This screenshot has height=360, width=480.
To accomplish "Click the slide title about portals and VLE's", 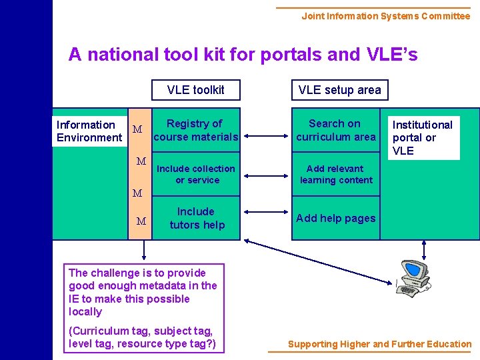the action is point(243,55).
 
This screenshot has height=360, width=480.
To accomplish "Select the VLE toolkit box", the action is point(195,90).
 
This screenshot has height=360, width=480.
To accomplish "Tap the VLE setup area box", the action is point(339,90).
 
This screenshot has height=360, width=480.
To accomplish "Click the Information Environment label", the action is point(89,131).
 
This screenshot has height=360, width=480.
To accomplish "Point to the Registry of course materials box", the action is point(195,130).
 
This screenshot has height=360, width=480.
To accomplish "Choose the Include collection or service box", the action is point(195,174).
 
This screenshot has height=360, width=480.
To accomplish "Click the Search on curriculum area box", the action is point(335,130).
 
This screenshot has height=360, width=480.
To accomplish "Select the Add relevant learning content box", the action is point(335,174).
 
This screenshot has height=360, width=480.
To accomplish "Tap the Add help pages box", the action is point(335,218).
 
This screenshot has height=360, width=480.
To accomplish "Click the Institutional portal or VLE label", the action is point(423,137).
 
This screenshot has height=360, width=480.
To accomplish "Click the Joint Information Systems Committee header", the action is point(385,16).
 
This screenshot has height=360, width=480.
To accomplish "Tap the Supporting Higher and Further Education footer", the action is point(379,344).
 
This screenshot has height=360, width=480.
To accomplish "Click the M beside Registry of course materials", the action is point(137,129).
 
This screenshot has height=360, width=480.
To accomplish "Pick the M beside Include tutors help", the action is point(141,221).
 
